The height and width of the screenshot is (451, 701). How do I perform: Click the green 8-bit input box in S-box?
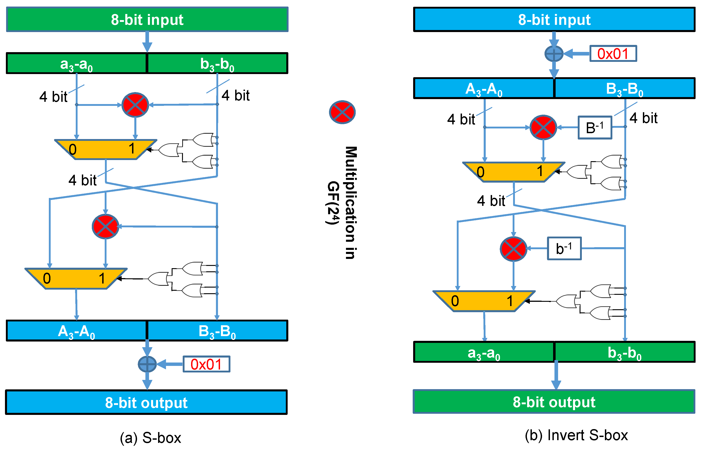pyautogui.click(x=147, y=20)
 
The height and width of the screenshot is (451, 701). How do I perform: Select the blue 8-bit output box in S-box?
pyautogui.click(x=146, y=402)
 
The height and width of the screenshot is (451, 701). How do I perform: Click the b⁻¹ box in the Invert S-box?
pyautogui.click(x=564, y=248)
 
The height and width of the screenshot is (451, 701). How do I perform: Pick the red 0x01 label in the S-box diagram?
pyautogui.click(x=206, y=364)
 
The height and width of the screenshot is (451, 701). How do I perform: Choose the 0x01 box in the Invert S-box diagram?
pyautogui.click(x=613, y=53)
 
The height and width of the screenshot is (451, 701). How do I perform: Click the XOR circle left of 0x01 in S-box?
pyautogui.click(x=147, y=364)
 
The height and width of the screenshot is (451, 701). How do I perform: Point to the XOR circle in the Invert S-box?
pyautogui.click(x=554, y=53)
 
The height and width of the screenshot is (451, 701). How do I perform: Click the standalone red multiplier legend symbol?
pyautogui.click(x=342, y=112)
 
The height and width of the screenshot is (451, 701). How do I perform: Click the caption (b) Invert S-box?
pyautogui.click(x=576, y=435)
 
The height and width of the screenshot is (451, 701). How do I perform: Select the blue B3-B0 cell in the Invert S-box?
pyautogui.click(x=624, y=88)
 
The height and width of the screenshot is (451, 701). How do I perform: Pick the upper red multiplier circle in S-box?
pyautogui.click(x=135, y=105)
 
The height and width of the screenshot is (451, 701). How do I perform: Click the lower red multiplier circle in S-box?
pyautogui.click(x=105, y=226)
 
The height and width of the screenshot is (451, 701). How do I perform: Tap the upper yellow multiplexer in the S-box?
pyautogui.click(x=106, y=149)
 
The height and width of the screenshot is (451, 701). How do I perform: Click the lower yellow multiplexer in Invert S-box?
pyautogui.click(x=484, y=301)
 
